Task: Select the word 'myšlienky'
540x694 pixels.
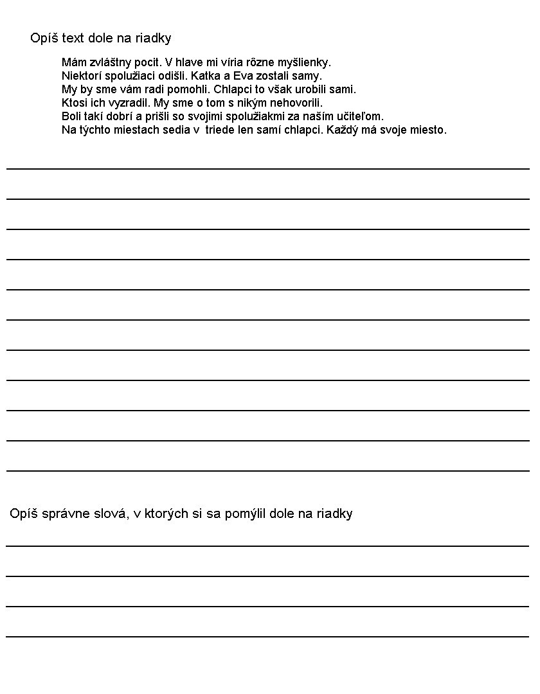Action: pos(304,63)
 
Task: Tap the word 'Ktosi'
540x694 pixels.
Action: pos(75,103)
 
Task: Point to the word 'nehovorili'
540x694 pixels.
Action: pos(294,103)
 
